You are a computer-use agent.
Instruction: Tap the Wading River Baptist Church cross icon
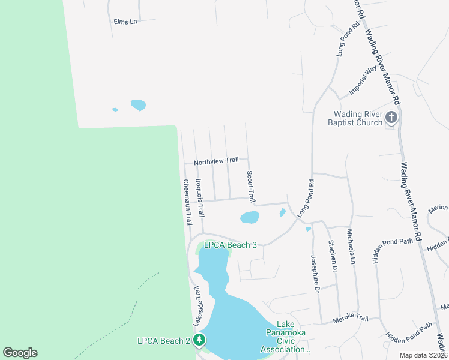(391, 117)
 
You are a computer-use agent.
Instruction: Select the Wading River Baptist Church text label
(359, 118)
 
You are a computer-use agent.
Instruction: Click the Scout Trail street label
(251, 186)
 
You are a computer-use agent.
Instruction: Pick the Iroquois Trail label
(200, 197)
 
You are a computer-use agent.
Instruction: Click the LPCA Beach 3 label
(231, 245)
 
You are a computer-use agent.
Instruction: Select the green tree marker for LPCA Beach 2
(199, 341)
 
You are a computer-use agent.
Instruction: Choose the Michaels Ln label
(351, 246)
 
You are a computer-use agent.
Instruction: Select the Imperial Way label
(363, 77)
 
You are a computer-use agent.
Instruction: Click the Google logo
(20, 353)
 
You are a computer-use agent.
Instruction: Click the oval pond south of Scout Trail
(250, 217)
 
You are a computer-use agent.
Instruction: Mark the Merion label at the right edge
(438, 208)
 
